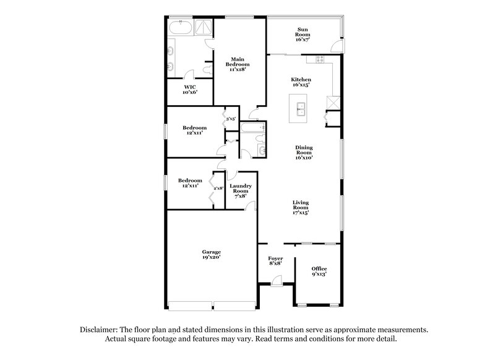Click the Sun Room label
[x=303, y=33]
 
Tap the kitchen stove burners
[x=320, y=59]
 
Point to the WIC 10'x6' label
[x=189, y=89]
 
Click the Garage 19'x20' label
[x=211, y=255]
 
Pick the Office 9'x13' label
[x=319, y=270]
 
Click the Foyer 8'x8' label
[x=275, y=261]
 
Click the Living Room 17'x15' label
[x=301, y=207]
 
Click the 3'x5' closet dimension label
[x=230, y=119]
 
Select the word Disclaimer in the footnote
[x=100, y=331]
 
